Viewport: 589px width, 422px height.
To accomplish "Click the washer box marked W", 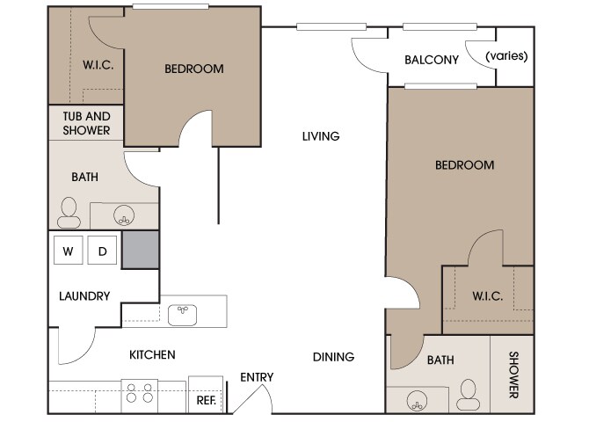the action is pos(68,250).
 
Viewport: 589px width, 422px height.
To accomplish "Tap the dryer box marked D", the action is pos(102,250).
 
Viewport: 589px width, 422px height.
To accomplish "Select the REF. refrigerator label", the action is pos(207,400).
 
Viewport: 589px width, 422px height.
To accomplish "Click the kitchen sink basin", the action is pos(182,315).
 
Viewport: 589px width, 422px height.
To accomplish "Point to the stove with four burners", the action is pos(140,396).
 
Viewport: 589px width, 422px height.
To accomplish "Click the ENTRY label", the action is pos(257,377).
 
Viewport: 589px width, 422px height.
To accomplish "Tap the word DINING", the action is pos(333,357).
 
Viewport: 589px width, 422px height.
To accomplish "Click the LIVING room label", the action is pos(321,136).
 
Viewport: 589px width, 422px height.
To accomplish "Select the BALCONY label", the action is pos(432,60).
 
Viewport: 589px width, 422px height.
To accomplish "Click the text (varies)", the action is pos(506,56).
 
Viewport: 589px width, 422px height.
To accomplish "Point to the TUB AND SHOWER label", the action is pos(86,123).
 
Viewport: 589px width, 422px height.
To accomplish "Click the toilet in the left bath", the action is pos(69,213).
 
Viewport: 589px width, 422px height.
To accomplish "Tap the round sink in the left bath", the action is pos(124,215).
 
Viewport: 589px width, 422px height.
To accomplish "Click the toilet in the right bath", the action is pos(468,395).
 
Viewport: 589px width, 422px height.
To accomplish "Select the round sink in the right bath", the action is pos(417,401).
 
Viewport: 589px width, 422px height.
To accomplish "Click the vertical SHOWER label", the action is pos(513,375).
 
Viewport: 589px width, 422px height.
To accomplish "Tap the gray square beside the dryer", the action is pos(140,250).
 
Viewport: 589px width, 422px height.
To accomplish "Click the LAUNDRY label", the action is pos(84,296).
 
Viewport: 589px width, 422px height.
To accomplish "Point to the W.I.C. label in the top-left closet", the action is pos(98,65).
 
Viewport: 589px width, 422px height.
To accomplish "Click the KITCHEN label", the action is pos(152,354).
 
